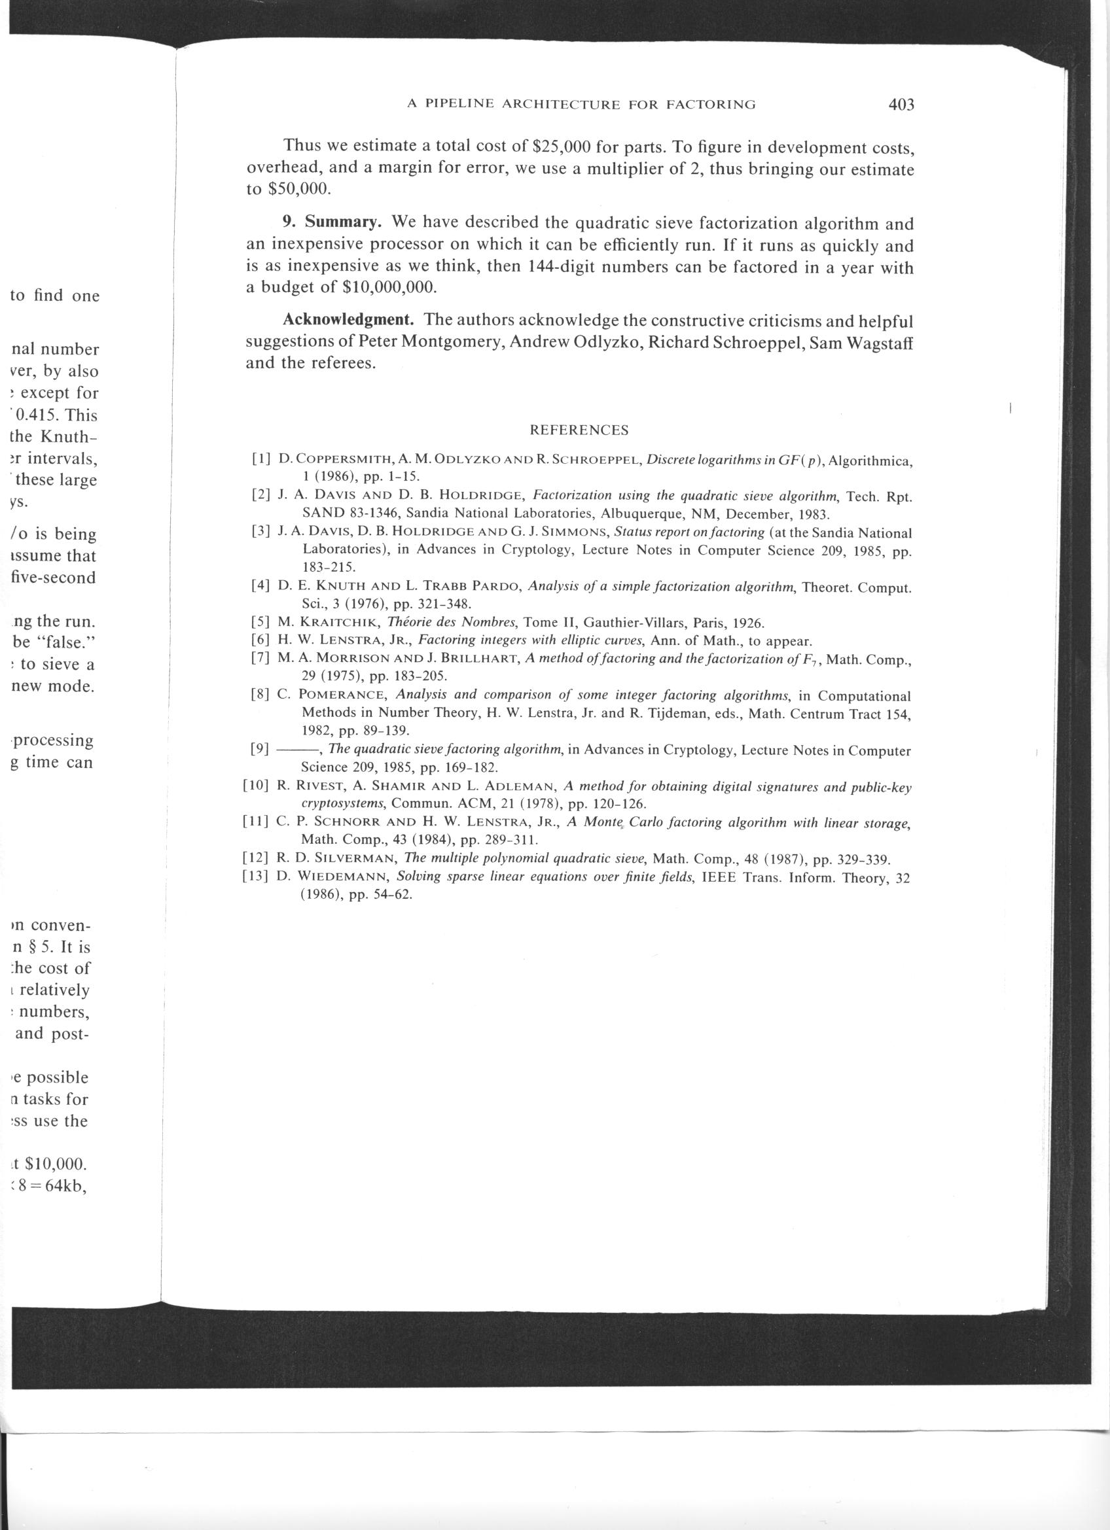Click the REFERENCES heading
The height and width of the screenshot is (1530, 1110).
pos(579,430)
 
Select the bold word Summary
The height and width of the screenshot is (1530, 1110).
pos(344,222)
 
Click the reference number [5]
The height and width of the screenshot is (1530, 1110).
pos(260,623)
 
